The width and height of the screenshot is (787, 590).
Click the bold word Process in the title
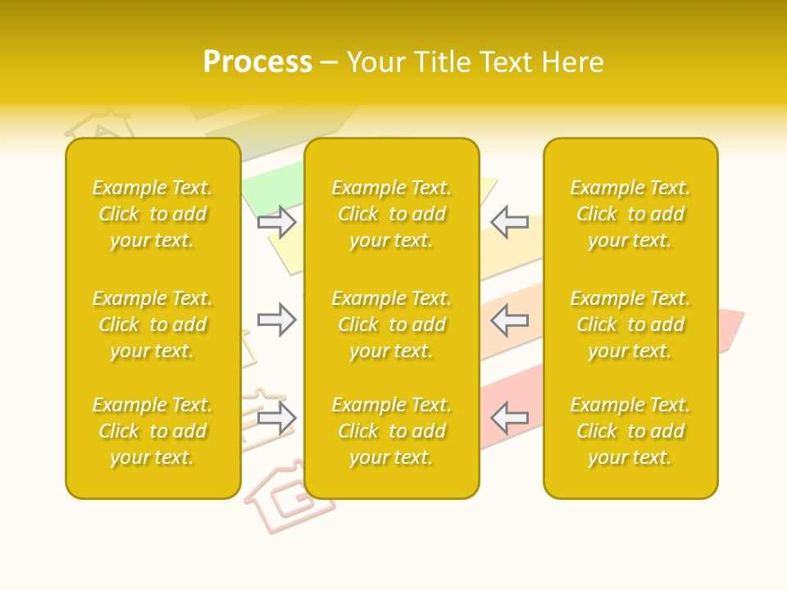(x=257, y=62)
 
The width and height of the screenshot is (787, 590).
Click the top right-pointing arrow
(x=277, y=222)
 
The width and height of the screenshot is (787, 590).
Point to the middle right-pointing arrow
(x=277, y=320)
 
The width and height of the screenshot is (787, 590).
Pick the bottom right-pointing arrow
(x=277, y=418)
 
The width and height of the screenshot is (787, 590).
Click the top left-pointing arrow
(x=509, y=222)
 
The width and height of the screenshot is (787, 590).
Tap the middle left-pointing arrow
(x=509, y=320)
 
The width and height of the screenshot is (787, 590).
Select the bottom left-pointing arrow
(x=509, y=418)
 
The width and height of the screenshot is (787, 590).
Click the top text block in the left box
(x=152, y=214)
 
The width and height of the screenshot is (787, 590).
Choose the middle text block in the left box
(x=152, y=324)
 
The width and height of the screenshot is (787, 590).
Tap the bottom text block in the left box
(x=152, y=431)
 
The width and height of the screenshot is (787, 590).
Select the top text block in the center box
(x=391, y=214)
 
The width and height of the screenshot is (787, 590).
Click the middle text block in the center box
(x=391, y=324)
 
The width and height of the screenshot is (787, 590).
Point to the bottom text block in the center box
(x=391, y=431)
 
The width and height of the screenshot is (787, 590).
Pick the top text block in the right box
(x=630, y=214)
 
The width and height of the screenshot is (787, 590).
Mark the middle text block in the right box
(x=630, y=324)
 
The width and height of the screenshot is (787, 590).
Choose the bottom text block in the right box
(x=630, y=431)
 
